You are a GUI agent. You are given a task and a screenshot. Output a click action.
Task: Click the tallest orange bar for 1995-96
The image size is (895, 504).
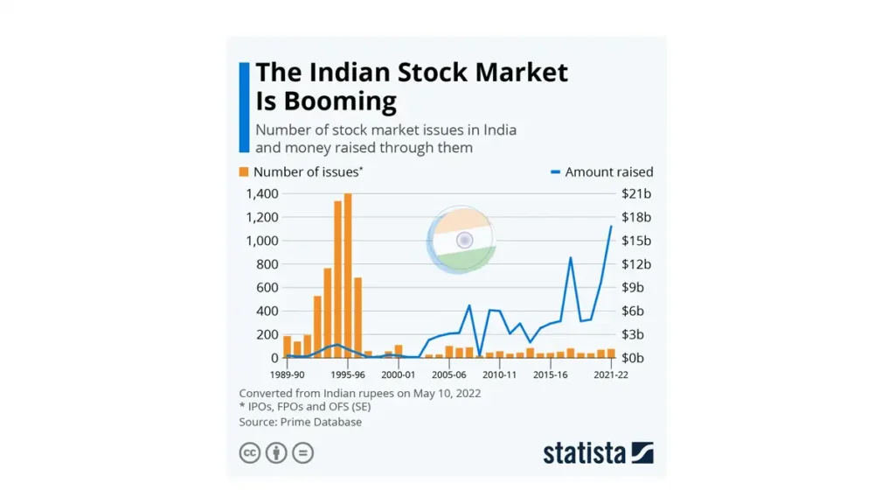tap(348, 276)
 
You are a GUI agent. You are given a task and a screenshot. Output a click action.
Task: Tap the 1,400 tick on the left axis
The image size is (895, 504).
tap(262, 193)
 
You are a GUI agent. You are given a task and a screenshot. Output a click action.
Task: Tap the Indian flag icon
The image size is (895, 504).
tap(464, 239)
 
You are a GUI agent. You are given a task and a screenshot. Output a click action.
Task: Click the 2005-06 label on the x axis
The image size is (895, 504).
tap(448, 374)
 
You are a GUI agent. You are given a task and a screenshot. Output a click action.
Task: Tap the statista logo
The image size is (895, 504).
tap(598, 452)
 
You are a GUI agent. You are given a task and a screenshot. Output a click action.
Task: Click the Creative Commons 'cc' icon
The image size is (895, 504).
tap(250, 452)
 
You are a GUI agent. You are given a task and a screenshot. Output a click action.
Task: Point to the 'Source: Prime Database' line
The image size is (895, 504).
tap(300, 422)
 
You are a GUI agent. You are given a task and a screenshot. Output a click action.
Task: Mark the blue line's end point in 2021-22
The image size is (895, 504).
tap(611, 226)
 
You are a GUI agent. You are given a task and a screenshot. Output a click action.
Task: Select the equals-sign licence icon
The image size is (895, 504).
tap(303, 452)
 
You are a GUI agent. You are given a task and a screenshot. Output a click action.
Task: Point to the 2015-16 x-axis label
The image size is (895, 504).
tap(551, 374)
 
